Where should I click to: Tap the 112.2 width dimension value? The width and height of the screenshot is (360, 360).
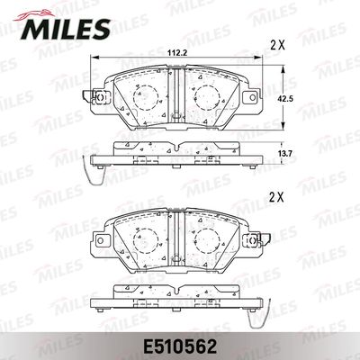pos(177,53)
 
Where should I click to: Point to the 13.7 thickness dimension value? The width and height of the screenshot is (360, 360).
pos(289,153)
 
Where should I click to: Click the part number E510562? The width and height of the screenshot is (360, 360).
pos(180,346)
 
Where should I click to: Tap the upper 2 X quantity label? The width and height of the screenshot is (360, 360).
pos(277,45)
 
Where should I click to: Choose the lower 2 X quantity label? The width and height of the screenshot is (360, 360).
pos(277,197)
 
